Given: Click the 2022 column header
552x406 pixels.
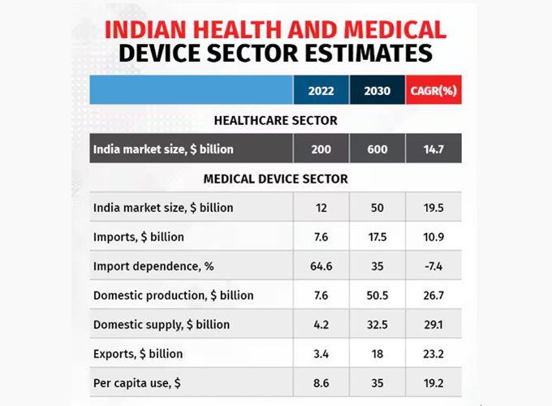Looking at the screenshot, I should [321, 91].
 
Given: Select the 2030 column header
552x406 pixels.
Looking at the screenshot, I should [377, 91].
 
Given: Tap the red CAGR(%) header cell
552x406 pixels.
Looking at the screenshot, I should [433, 91].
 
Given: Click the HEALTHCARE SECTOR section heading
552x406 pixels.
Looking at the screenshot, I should [275, 120].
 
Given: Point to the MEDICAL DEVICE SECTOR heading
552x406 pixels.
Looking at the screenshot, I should [275, 179].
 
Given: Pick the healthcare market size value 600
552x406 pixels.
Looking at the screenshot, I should [377, 149].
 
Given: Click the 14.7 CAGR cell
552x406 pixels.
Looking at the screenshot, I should [433, 149].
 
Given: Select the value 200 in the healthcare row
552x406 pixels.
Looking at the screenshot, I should [321, 149].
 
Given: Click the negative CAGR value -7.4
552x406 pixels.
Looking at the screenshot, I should [433, 266].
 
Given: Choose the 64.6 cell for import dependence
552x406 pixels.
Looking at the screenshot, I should [321, 266].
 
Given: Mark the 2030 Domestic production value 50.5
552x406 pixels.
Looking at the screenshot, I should [377, 295].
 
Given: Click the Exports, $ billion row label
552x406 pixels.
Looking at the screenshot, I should [138, 353].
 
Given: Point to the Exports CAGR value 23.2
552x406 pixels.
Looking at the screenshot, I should [433, 353].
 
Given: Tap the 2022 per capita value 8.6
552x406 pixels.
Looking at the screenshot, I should [321, 382].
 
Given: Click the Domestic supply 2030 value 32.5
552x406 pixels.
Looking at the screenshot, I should [377, 324].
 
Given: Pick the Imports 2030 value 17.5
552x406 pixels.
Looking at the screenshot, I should [377, 236].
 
